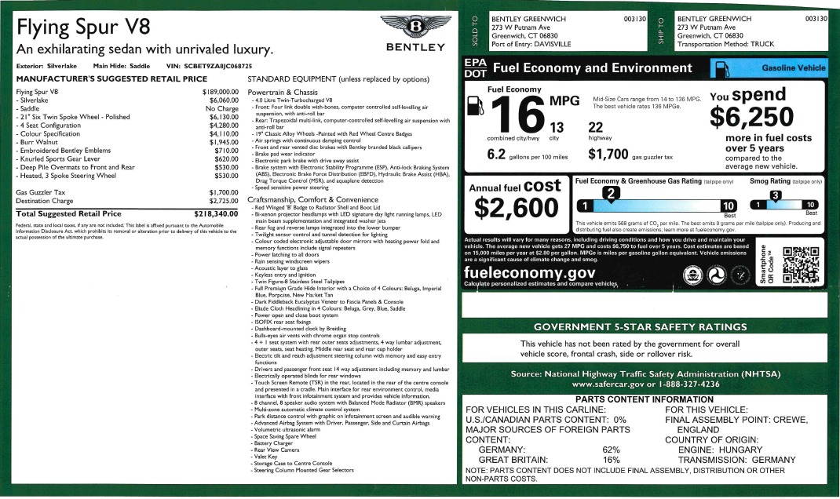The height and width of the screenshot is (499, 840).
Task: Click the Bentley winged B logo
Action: pos(412,31)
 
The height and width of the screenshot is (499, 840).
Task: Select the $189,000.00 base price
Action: pos(220,92)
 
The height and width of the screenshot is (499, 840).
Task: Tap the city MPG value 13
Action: pos(557,128)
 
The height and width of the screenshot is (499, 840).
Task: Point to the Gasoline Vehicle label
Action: pos(794,68)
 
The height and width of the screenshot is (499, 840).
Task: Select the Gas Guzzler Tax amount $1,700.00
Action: pos(222,192)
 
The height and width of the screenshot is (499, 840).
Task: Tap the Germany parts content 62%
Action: pos(612,450)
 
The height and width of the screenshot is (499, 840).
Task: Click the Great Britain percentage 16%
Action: pos(612,460)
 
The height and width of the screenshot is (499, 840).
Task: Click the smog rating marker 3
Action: pos(775,195)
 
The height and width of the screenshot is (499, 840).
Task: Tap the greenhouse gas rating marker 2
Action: pos(615,193)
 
